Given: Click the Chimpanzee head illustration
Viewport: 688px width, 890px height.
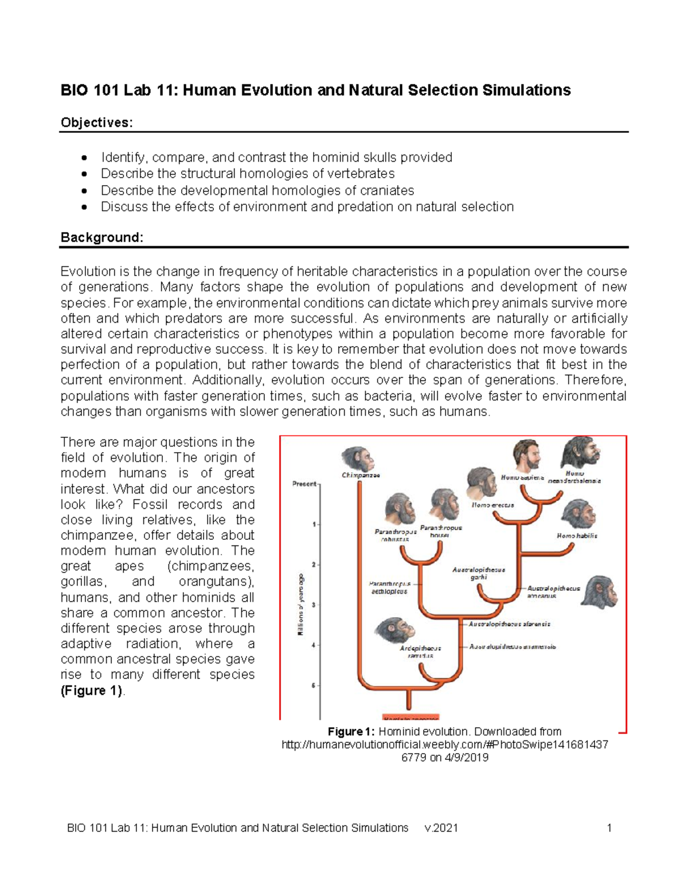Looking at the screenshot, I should click(358, 458).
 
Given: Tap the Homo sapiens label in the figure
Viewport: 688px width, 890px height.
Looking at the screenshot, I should click(522, 477).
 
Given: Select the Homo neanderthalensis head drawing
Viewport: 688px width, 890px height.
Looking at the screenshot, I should click(580, 453).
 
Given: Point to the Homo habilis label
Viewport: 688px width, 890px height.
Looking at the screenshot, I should click(577, 536).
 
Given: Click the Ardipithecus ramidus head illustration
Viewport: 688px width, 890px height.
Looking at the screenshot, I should click(394, 630).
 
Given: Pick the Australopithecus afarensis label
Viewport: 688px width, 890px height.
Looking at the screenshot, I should click(509, 624).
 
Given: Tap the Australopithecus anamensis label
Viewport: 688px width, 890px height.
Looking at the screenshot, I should click(512, 646).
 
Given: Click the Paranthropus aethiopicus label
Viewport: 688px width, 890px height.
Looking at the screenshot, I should click(389, 587).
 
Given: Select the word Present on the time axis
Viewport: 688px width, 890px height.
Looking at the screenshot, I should click(304, 484).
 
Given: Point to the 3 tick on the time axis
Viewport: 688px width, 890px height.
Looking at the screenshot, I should click(314, 605).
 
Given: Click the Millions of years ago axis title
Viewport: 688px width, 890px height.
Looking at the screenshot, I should click(300, 604).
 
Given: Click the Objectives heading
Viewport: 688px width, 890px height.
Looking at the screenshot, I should click(96, 123).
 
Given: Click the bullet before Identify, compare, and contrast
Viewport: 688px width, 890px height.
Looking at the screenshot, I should click(85, 158).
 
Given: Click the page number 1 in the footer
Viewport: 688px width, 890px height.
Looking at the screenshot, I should click(609, 828).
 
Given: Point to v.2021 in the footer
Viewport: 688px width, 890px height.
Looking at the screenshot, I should click(441, 828).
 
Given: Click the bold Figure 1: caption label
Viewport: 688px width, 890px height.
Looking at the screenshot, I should click(351, 732).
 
